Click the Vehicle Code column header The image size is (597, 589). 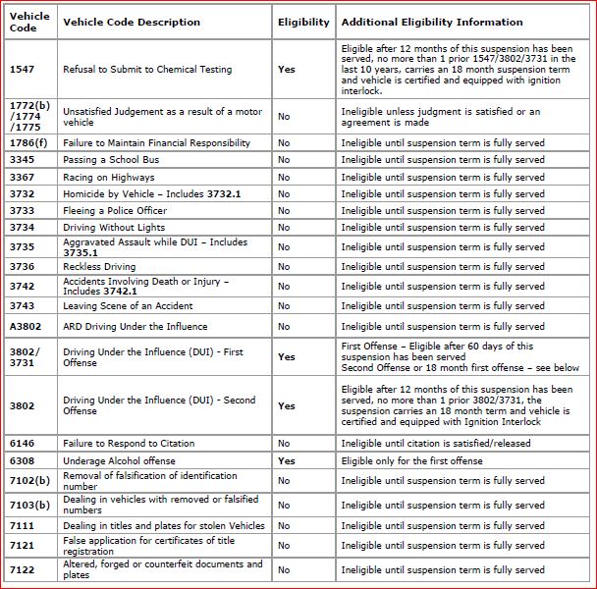click(29, 22)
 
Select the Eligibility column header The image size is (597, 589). click(303, 22)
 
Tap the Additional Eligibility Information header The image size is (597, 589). click(432, 22)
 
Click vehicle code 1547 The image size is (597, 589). click(22, 70)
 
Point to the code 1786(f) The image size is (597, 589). click(28, 143)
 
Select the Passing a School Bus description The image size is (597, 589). click(111, 160)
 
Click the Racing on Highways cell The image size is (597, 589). click(109, 178)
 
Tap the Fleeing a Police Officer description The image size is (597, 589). click(115, 211)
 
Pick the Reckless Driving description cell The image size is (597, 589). click(99, 266)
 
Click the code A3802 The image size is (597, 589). click(26, 326)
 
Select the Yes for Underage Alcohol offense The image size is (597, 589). click(287, 461)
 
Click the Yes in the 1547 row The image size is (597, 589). click(287, 70)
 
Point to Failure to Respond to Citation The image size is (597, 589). click(129, 444)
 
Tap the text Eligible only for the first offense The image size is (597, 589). click(412, 461)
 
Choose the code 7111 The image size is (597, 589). click(22, 526)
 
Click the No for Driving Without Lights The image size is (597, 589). click(284, 228)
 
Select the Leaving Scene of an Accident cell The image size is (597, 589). click(128, 306)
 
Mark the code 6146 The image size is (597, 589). click(22, 444)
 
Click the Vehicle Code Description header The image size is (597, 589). click(132, 22)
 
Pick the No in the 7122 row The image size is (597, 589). click(284, 570)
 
